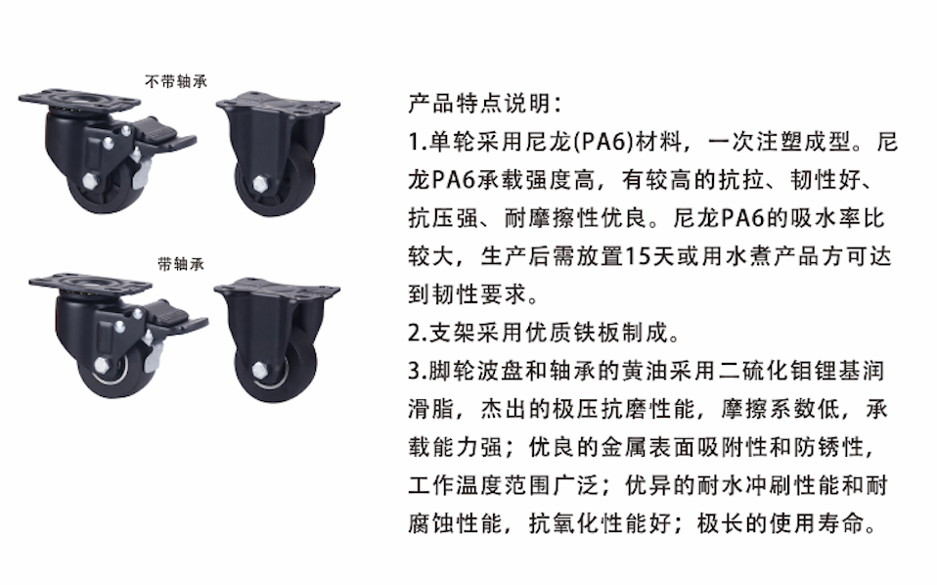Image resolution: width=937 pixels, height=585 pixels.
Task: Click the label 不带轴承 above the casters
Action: coord(176,81)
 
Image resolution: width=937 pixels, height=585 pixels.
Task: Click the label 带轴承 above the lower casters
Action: coord(181,264)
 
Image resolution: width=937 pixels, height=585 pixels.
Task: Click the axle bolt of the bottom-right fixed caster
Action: coord(260,369)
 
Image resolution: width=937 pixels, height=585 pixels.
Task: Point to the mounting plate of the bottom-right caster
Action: coord(277,291)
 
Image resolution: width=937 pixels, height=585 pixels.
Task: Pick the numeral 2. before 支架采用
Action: coord(417,333)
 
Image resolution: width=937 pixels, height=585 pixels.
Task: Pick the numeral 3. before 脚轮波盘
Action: coord(417,371)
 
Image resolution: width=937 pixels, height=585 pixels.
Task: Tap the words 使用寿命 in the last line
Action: coord(817,523)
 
